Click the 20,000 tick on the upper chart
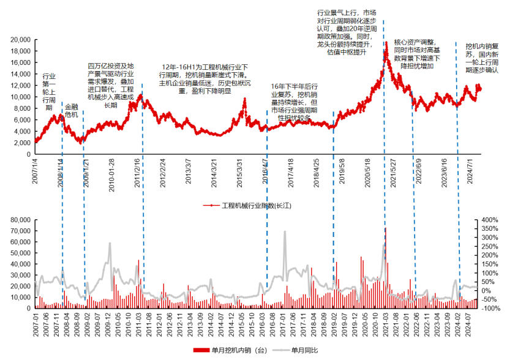(21, 39)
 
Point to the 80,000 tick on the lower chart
(21, 219)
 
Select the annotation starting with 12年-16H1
(204, 78)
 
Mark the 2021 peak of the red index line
(386, 42)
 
